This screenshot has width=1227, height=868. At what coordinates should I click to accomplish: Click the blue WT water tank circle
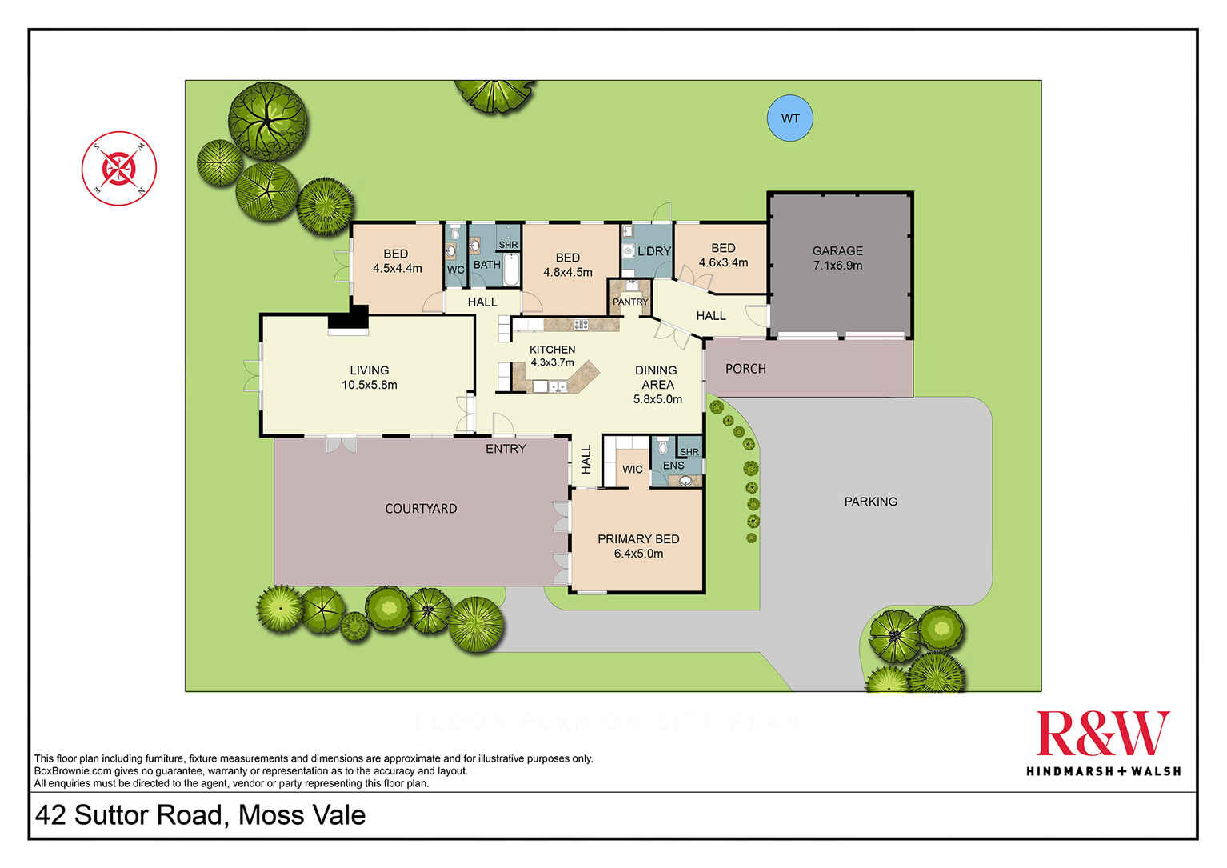point(790,118)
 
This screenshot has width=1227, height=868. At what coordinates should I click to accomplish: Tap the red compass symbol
point(119,169)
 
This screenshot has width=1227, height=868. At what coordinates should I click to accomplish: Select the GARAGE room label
point(837,250)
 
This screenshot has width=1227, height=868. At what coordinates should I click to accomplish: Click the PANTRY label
point(630,302)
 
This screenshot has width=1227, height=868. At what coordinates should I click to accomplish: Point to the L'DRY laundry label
point(654,251)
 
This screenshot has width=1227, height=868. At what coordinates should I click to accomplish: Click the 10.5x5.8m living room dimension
point(369,385)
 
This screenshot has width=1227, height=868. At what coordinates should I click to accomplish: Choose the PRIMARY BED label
point(638,539)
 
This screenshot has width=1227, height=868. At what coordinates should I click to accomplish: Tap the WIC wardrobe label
point(632,470)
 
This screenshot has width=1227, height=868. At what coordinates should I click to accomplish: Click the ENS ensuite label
point(673,466)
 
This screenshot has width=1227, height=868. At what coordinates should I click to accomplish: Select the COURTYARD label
point(421,509)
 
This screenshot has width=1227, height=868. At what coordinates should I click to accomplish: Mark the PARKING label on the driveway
point(870,502)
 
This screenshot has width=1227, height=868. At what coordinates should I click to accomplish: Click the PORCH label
point(745,369)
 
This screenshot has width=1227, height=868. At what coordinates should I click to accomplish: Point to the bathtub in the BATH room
point(510,270)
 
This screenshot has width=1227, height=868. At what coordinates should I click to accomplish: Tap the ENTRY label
point(506,449)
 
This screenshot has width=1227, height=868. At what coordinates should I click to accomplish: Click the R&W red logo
point(1103,734)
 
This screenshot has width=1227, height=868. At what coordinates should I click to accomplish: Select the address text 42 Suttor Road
point(200,815)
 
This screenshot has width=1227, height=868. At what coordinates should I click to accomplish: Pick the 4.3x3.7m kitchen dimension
point(552,362)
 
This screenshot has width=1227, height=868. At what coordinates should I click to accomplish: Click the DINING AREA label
point(657,377)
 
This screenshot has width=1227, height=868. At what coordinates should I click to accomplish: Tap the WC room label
point(455,270)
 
